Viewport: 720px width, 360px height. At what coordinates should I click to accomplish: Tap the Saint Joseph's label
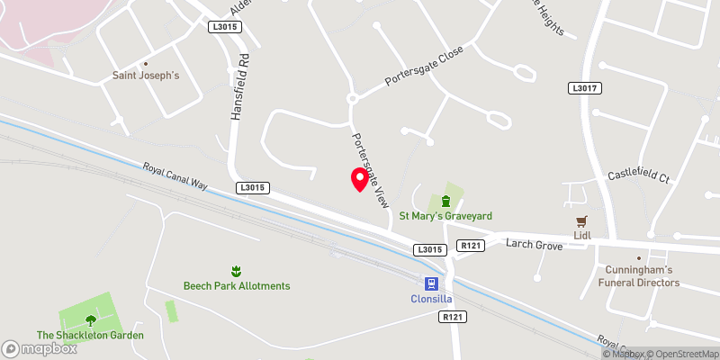pos(146,76)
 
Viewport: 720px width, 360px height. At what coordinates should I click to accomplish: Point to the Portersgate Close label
pos(424,67)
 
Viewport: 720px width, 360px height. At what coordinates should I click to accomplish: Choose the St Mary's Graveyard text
pos(446,216)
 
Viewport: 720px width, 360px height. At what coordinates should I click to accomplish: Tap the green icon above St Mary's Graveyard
pos(445,200)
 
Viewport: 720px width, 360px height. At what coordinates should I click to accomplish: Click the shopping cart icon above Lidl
pos(581,220)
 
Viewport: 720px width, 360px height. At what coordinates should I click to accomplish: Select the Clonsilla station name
pos(427,298)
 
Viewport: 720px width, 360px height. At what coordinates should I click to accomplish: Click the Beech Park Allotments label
pos(237,285)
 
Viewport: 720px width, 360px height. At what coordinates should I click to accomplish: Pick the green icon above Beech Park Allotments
pos(237,270)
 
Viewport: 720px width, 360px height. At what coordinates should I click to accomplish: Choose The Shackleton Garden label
pos(90,336)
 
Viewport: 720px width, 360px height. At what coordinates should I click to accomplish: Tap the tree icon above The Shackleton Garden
pos(90,319)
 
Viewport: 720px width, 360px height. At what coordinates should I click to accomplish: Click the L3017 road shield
pos(585,88)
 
